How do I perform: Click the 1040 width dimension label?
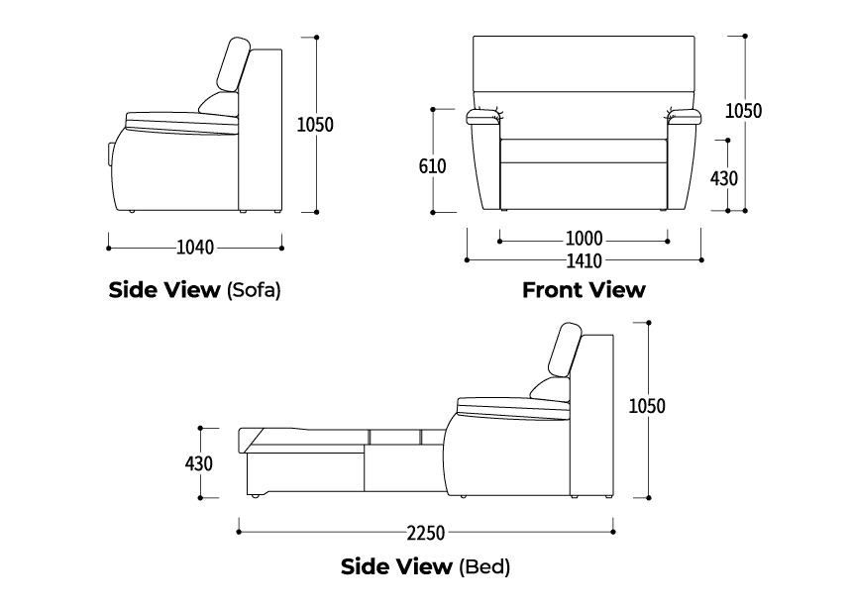click(195, 247)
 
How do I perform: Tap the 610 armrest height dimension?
click(432, 166)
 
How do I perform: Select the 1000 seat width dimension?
click(584, 240)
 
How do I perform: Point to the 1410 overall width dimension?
click(584, 260)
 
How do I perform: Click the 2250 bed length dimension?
click(426, 533)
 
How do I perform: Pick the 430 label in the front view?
click(724, 178)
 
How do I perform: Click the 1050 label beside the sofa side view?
click(316, 124)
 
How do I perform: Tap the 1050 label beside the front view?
click(743, 110)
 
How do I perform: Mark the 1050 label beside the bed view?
click(646, 405)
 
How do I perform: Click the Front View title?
click(584, 290)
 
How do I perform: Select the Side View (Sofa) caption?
click(195, 290)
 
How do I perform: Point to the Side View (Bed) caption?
click(426, 567)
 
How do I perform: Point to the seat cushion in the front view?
click(584, 151)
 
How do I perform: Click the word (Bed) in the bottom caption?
click(484, 567)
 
